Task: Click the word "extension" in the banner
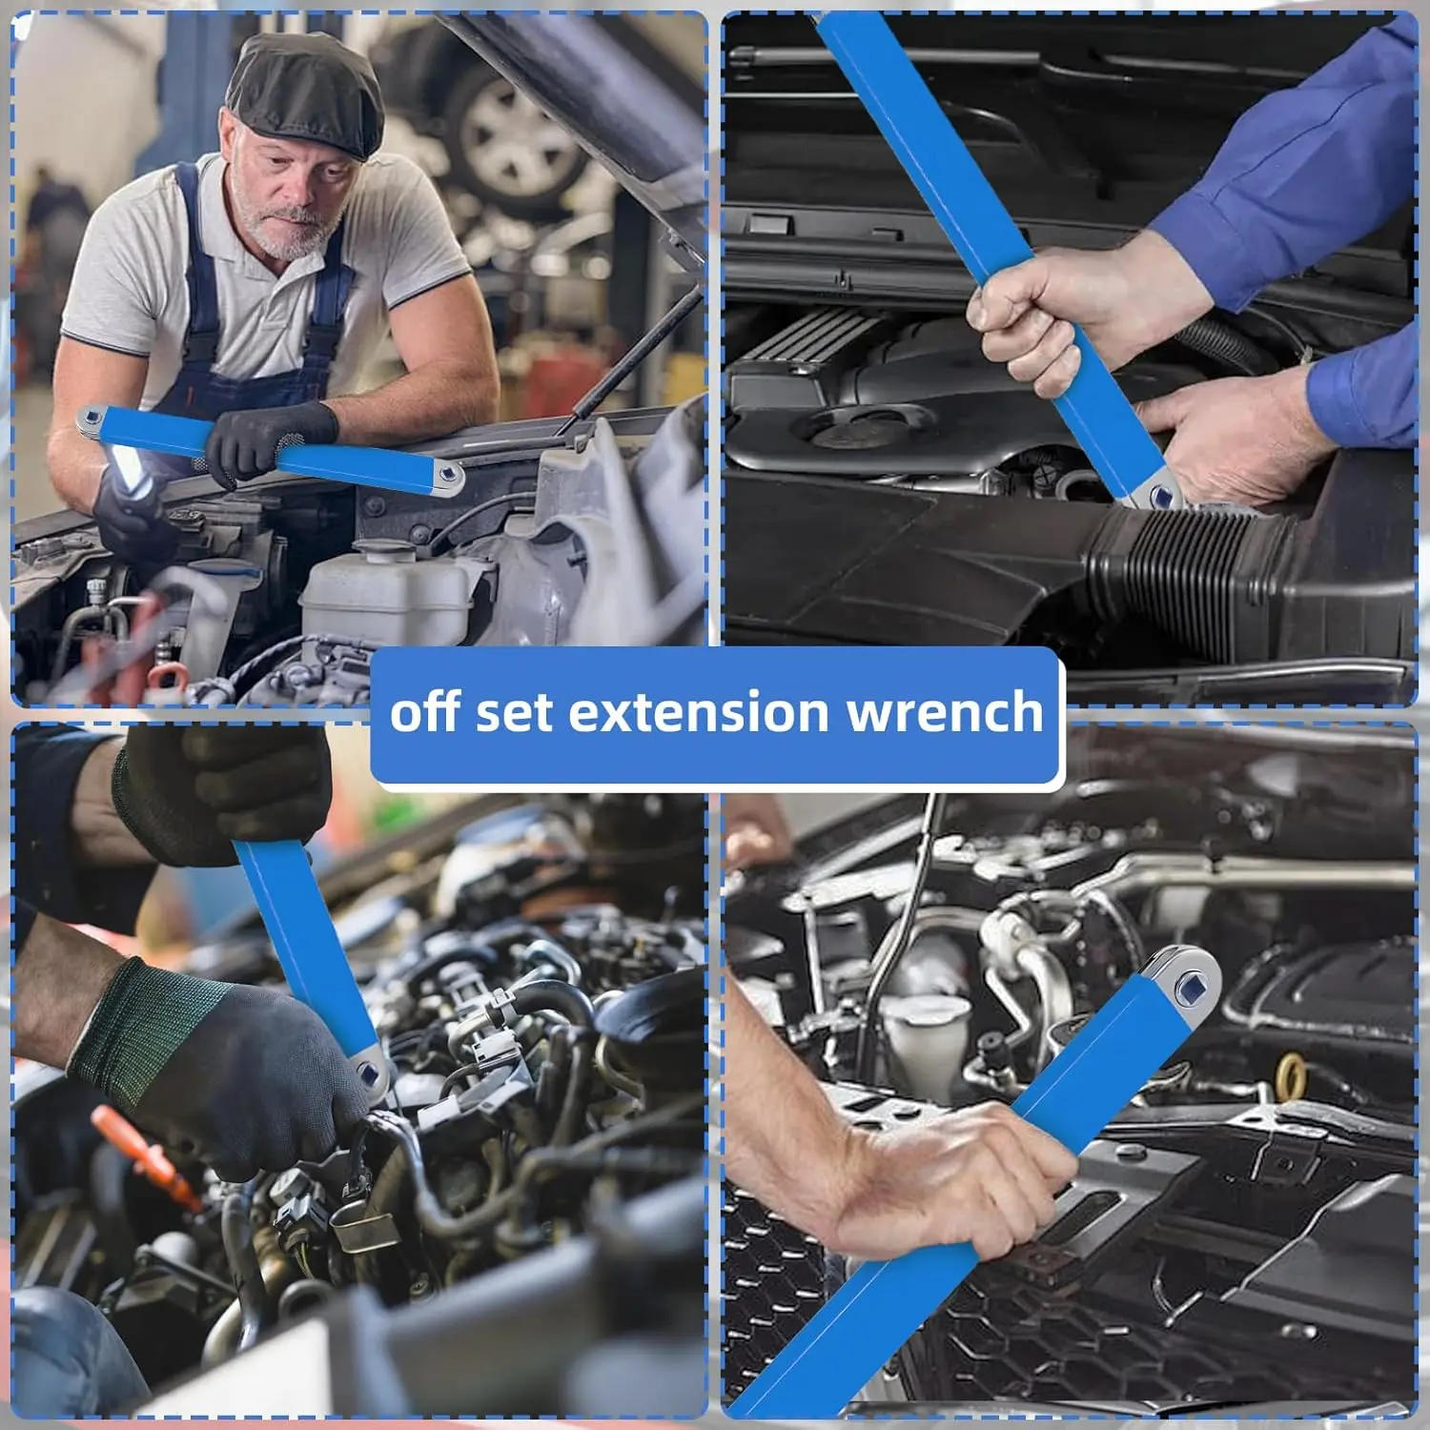pyautogui.click(x=699, y=712)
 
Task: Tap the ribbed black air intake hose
pyautogui.click(x=1192, y=572)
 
